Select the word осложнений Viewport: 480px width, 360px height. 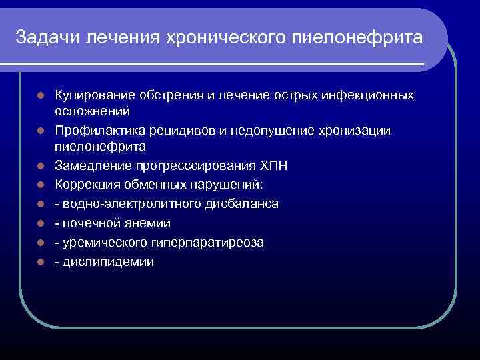tap(92, 111)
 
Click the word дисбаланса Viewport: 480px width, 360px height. tap(243, 203)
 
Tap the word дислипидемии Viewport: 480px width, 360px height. tap(108, 262)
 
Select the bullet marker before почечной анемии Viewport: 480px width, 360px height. tap(41, 223)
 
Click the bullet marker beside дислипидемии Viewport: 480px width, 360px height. tap(41, 262)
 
